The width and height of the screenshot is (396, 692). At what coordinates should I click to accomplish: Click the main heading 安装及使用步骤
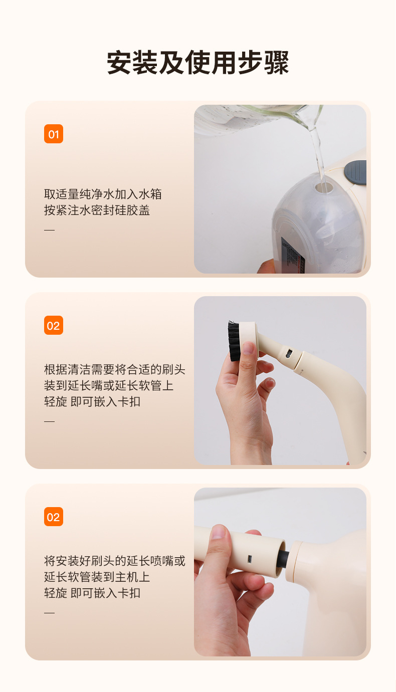[198, 63]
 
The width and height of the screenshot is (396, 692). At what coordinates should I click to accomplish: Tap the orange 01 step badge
[54, 134]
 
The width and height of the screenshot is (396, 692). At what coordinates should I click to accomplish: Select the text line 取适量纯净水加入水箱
[103, 194]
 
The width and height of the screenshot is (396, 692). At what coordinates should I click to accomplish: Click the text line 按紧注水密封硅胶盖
[97, 210]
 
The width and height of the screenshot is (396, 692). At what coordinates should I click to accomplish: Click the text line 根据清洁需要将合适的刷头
[114, 370]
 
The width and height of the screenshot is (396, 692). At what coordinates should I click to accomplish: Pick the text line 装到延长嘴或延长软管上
[109, 386]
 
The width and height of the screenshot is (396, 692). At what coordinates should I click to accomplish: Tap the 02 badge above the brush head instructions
[54, 325]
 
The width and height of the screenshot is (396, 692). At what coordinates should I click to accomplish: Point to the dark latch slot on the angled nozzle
[289, 354]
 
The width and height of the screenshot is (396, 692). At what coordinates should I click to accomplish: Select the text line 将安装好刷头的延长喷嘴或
[114, 561]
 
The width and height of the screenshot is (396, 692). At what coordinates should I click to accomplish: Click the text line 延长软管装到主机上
[97, 577]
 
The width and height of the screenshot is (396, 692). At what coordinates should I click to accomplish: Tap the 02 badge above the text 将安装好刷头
[54, 517]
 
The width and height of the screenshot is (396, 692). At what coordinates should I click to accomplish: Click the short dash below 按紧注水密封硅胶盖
[49, 230]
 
